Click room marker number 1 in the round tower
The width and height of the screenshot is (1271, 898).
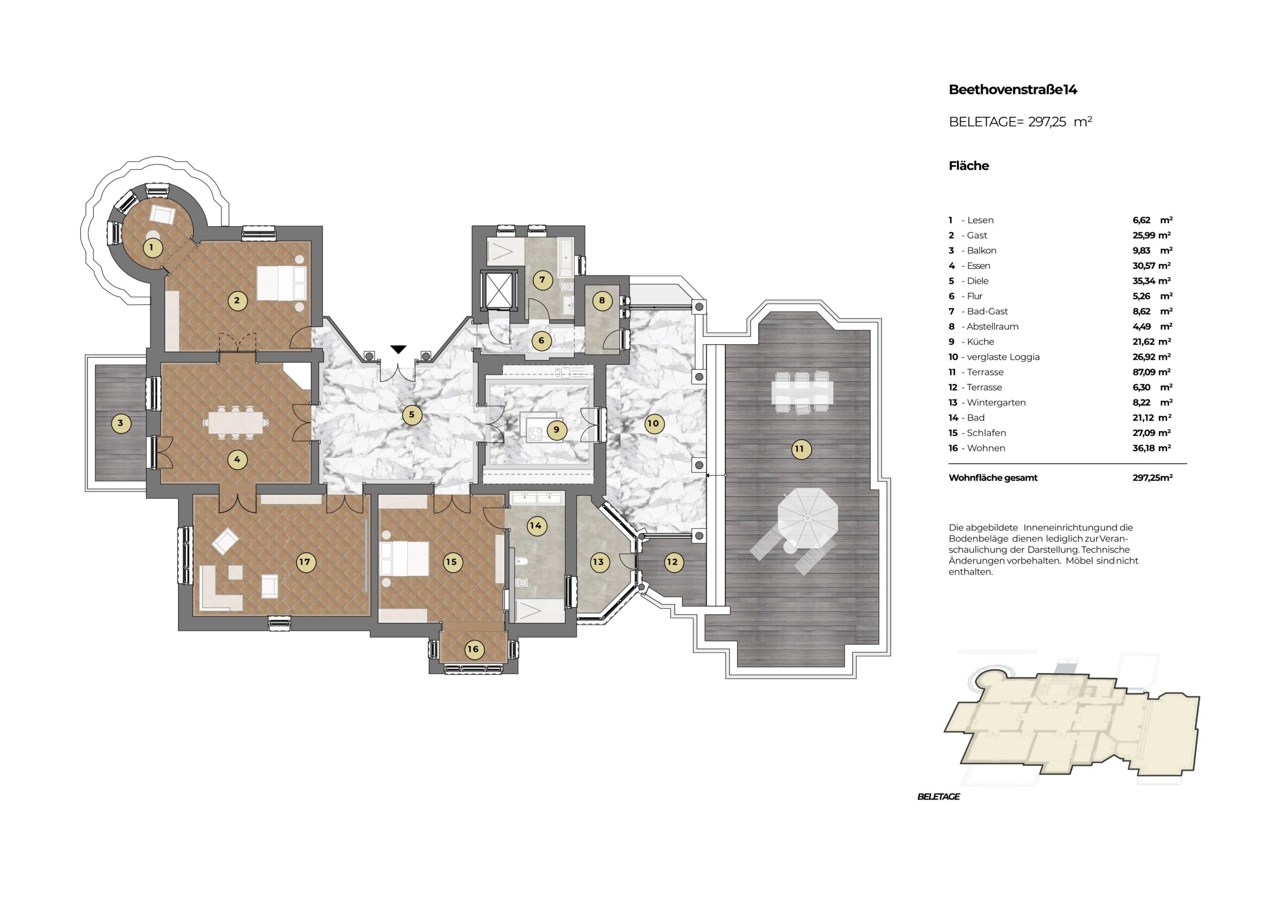click(152, 248)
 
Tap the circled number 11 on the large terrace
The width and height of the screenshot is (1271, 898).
click(799, 449)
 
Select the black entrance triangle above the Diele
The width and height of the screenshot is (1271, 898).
click(399, 349)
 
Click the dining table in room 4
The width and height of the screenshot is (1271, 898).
click(236, 423)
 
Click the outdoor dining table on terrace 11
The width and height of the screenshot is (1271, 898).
click(802, 392)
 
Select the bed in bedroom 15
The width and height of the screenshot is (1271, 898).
click(405, 558)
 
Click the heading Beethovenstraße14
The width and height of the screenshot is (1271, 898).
click(1012, 90)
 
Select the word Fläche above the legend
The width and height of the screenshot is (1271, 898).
click(968, 165)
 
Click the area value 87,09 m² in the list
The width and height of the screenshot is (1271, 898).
click(1151, 372)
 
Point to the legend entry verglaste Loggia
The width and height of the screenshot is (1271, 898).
click(1003, 357)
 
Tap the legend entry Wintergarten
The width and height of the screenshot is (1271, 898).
click(996, 402)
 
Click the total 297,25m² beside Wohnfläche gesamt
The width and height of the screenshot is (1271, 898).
click(1152, 477)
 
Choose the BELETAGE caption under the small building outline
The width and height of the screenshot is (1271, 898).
click(939, 796)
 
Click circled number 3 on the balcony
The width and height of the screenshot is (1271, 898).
click(121, 423)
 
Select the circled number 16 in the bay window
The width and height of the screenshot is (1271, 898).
click(473, 649)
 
